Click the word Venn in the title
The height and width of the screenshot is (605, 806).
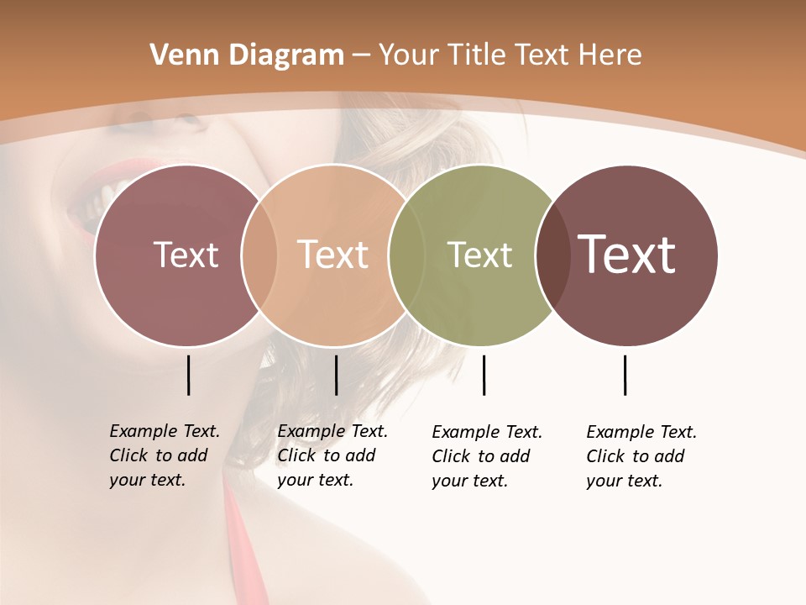pos(179,55)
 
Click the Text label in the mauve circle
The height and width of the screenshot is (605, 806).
pos(186,255)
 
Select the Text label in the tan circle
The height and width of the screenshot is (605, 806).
pos(333,255)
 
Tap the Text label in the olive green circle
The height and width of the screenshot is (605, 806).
pos(479,255)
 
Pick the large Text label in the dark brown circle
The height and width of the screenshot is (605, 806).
pos(627,255)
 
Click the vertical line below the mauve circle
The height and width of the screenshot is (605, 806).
pos(188,375)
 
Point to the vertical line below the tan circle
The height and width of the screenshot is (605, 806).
pos(336,375)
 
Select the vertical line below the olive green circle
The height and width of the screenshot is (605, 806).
pos(484,375)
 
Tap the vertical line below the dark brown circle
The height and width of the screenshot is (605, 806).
pos(625,375)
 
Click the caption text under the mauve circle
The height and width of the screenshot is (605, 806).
pos(164,455)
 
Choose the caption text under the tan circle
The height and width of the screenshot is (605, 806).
pos(332,455)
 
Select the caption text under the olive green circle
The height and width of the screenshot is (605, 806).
pos(486,456)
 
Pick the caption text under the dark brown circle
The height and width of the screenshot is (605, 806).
pos(641,456)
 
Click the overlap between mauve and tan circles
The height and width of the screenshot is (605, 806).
pos(259,255)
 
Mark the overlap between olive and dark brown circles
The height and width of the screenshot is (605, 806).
pos(552,255)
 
